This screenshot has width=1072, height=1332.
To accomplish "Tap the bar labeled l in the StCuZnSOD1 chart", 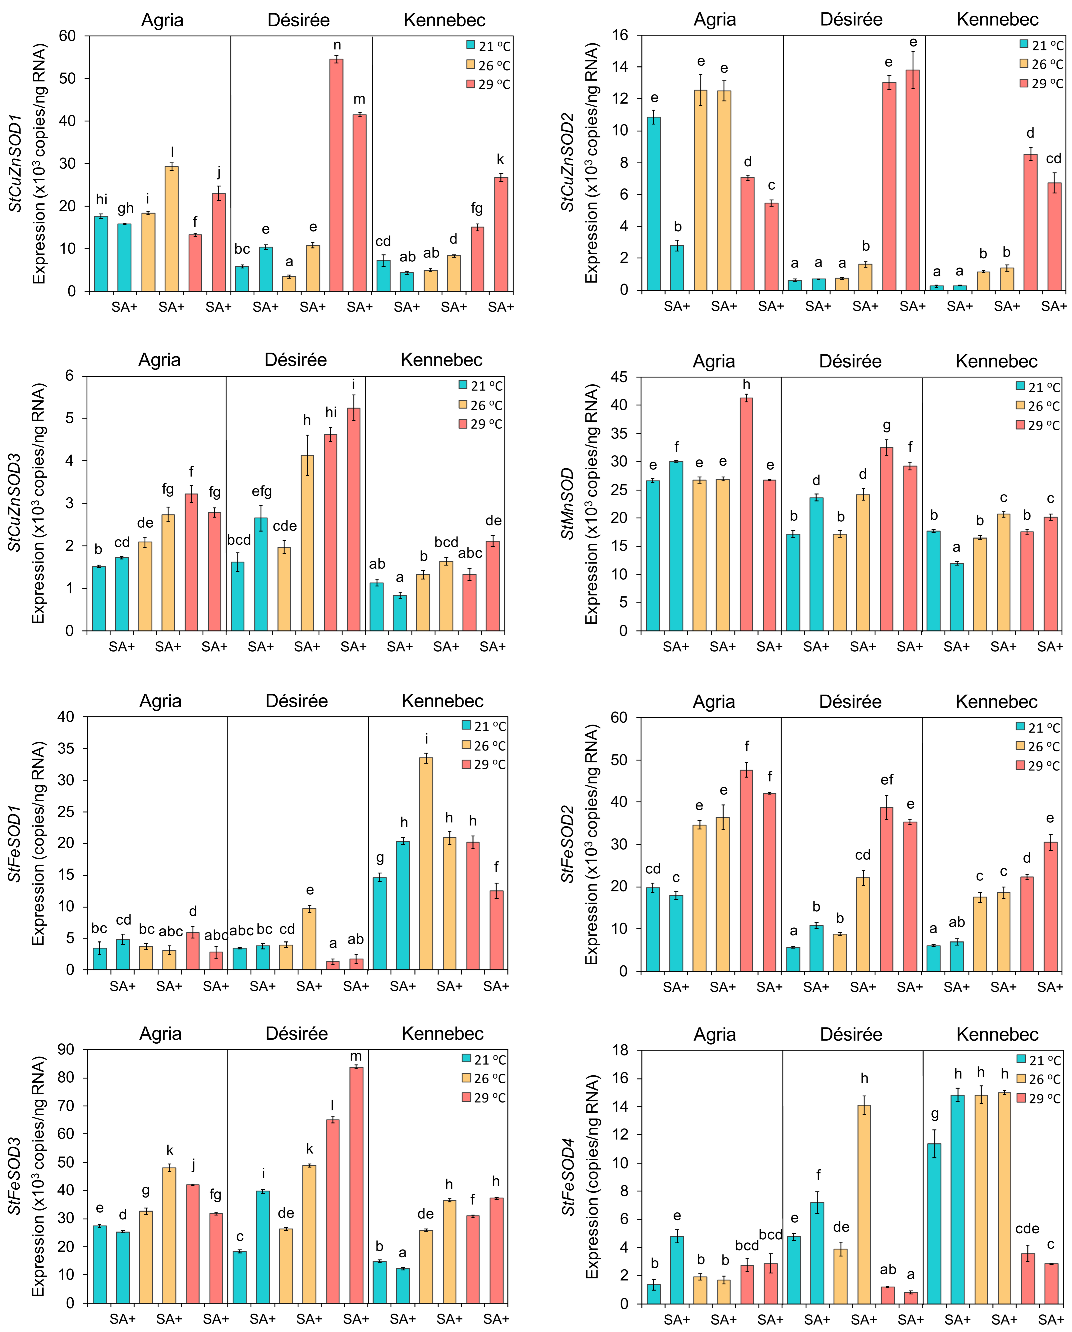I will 172,229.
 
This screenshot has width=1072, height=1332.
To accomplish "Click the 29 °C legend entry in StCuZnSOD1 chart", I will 488,84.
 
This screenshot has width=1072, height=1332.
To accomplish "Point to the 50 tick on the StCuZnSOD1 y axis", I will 67,78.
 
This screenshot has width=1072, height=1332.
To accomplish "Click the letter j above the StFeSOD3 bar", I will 193,1165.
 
